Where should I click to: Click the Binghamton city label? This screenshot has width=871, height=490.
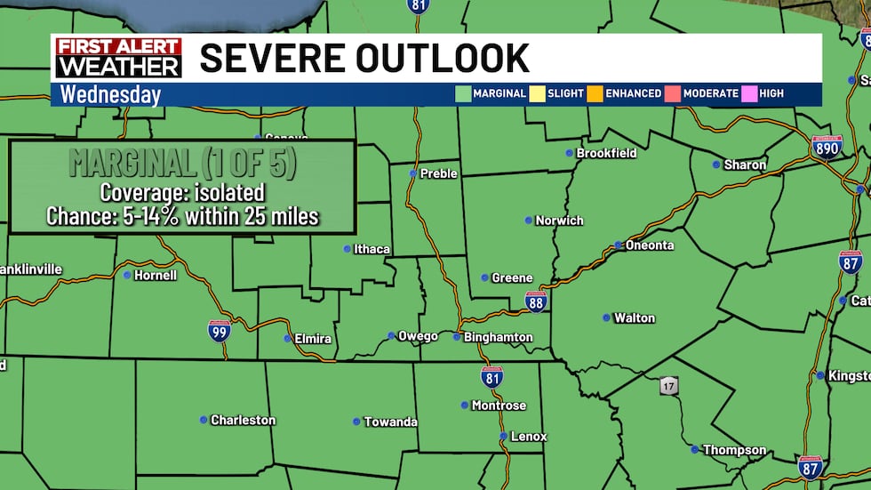(x=498, y=338)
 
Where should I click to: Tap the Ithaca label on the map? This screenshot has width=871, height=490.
(x=372, y=250)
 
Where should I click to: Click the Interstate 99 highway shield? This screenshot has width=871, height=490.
(x=220, y=332)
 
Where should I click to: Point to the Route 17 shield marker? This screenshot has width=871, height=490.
(x=669, y=386)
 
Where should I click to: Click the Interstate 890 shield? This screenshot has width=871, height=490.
(x=827, y=148)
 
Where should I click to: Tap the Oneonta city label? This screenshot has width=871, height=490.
(x=650, y=245)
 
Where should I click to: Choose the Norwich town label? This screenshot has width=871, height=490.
(x=559, y=221)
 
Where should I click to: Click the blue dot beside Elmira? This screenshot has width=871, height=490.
(x=287, y=339)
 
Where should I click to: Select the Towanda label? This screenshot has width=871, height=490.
(x=390, y=422)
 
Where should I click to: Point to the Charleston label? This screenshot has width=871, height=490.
(x=243, y=421)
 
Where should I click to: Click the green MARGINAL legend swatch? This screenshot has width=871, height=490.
(x=462, y=93)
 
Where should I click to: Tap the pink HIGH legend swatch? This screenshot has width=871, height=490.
(x=749, y=93)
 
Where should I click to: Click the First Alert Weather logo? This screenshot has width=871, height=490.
(x=118, y=58)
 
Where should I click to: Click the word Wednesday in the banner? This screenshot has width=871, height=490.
(x=110, y=94)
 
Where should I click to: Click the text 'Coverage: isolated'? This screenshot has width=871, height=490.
(x=182, y=192)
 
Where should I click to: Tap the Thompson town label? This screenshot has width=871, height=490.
(x=734, y=451)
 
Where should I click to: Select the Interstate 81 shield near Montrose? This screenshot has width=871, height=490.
(x=491, y=376)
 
